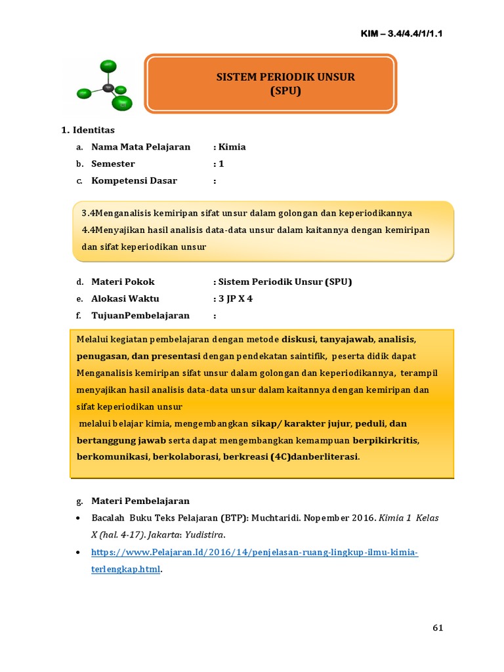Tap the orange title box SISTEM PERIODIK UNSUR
click(270, 85)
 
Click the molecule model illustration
click(105, 85)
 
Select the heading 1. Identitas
click(88, 130)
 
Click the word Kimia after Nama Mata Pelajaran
click(232, 147)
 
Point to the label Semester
click(113, 164)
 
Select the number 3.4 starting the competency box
click(89, 213)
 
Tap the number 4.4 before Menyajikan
click(89, 230)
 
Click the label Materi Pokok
click(123, 282)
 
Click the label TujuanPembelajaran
click(140, 316)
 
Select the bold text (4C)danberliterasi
click(314, 456)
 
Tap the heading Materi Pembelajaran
click(140, 501)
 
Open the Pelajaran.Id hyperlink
click(255, 553)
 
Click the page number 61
click(438, 628)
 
